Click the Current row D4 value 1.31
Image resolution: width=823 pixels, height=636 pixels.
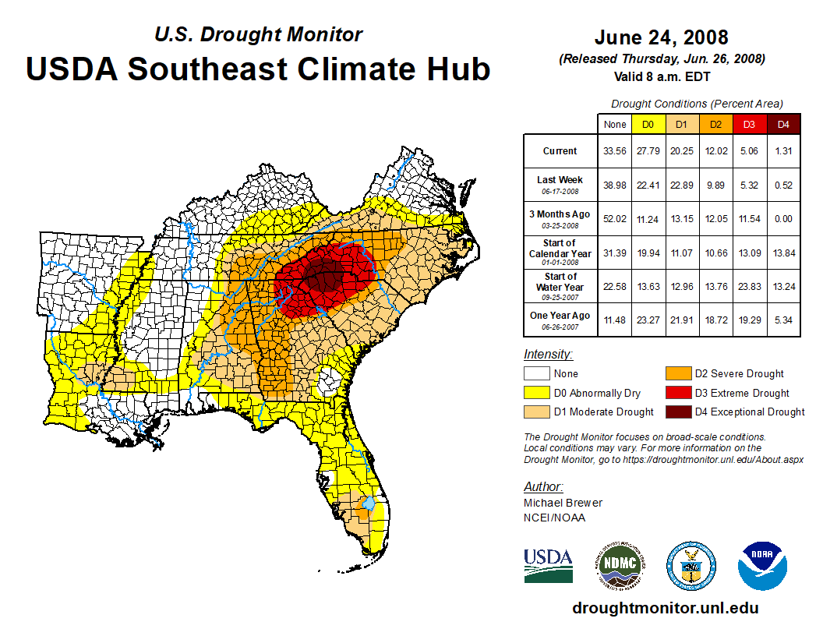pos(783,151)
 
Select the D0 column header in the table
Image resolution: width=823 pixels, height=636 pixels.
pos(647,125)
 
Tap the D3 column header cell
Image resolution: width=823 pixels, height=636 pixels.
pos(749,125)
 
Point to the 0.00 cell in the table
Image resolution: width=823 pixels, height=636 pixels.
pos(783,219)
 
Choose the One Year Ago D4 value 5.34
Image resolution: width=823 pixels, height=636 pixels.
pos(783,320)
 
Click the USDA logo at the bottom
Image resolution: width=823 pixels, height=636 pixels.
pos(548,564)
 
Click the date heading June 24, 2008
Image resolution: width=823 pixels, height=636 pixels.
pos(661,37)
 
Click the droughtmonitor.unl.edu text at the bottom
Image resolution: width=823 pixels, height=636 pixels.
pos(665,608)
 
